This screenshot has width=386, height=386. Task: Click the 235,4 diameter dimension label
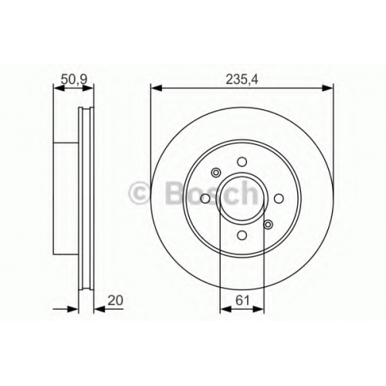pos(242,80)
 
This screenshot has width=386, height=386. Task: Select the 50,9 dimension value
pos(75,80)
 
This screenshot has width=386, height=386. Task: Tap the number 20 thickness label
pos(115,300)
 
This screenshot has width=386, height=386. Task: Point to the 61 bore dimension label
pos(242,300)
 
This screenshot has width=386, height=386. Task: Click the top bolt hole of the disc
pos(242,162)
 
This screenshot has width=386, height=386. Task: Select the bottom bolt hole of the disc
pos(242,235)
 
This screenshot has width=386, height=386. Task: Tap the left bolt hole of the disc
pos(205,198)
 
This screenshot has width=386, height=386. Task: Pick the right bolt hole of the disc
pos(279,198)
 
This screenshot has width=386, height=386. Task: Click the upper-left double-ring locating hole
pos(216,172)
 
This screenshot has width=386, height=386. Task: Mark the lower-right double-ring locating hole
pos(268,225)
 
